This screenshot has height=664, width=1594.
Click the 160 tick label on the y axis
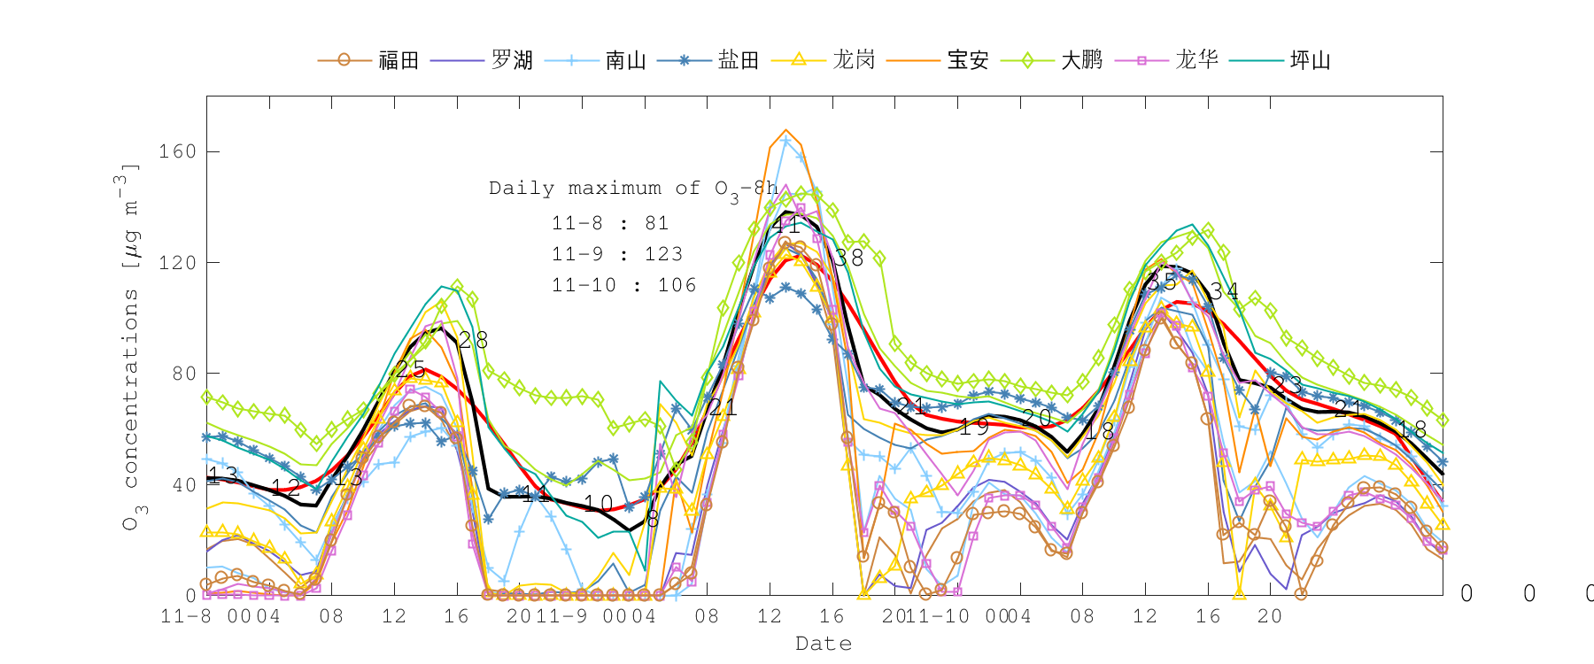[177, 151]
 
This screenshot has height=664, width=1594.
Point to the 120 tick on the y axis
[177, 263]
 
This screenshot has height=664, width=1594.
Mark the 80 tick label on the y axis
[183, 374]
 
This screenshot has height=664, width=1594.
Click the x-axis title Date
[824, 644]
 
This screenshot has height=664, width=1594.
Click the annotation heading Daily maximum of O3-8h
[633, 189]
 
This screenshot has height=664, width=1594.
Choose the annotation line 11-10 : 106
[623, 285]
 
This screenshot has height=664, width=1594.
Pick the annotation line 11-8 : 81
[610, 223]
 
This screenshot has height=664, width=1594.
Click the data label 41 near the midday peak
[785, 225]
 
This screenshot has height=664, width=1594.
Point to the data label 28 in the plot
[473, 340]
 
